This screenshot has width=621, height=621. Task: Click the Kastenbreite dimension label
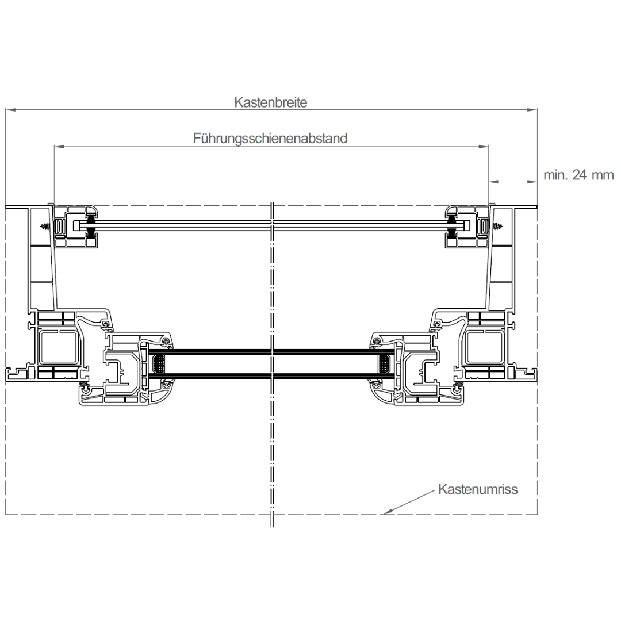click(270, 102)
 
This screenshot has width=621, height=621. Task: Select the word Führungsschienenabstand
click(270, 139)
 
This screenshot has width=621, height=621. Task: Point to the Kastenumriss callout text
click(478, 489)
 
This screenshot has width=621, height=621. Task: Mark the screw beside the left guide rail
click(45, 227)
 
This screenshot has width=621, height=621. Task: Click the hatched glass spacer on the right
click(384, 363)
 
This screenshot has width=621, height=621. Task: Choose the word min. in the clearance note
click(555, 175)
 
